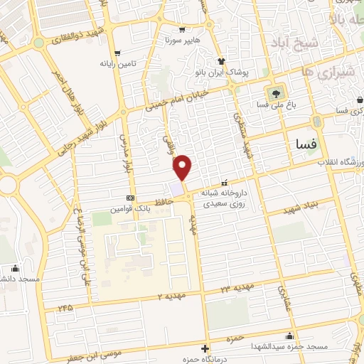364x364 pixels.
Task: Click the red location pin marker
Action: (x=183, y=167)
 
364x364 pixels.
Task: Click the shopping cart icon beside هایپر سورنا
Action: (x=183, y=31)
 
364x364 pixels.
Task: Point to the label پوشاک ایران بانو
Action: (x=222, y=73)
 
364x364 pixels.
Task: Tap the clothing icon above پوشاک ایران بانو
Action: (x=222, y=62)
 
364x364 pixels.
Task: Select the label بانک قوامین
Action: (x=130, y=209)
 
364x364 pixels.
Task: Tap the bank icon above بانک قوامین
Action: (x=130, y=198)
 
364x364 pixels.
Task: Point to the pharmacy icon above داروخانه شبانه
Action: (x=225, y=181)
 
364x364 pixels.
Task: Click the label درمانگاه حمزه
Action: (x=205, y=359)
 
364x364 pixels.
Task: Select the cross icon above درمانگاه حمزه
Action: (x=205, y=348)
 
